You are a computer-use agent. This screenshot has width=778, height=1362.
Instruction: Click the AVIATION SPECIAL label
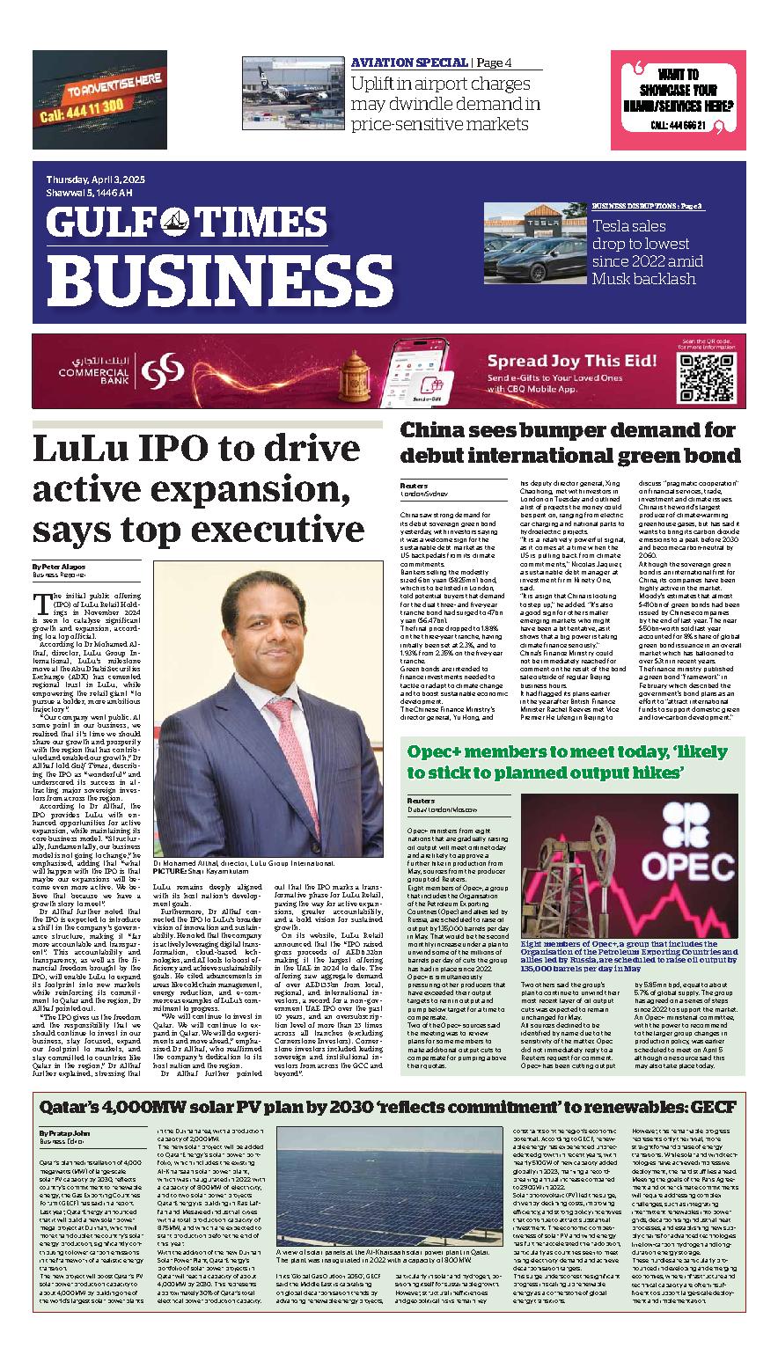click(409, 62)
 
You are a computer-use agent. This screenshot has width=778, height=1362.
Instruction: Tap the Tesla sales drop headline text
click(647, 253)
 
